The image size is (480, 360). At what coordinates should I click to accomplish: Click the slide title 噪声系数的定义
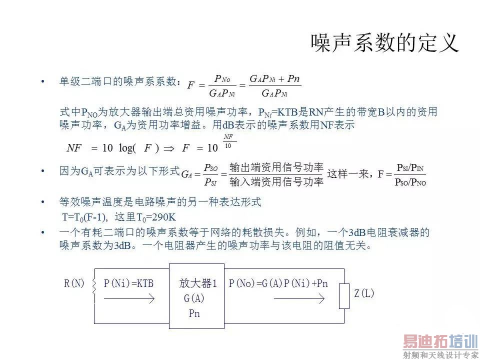tap(384, 43)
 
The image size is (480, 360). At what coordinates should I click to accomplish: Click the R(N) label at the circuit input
tap(74, 283)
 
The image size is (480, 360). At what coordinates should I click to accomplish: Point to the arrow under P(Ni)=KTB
tap(129, 299)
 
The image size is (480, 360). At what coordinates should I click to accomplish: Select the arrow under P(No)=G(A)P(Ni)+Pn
tap(299, 299)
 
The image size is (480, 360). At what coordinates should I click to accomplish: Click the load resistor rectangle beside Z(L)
tap(344, 296)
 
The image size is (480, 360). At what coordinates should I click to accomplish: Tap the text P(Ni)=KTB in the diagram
tap(128, 283)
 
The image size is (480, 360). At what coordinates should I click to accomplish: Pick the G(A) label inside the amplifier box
tap(194, 298)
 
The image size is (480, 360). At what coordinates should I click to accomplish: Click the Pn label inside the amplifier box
tap(194, 313)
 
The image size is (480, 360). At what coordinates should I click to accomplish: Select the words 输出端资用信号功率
tap(276, 167)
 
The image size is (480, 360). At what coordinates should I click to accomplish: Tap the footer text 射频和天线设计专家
tap(441, 355)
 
